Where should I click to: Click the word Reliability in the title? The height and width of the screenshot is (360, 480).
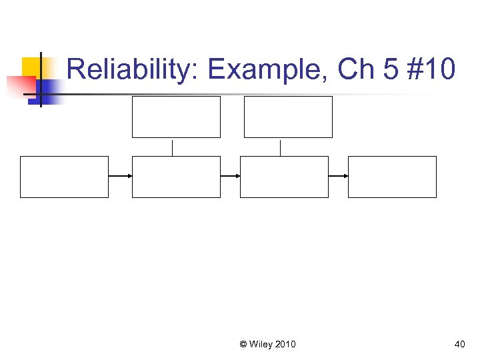point(127,69)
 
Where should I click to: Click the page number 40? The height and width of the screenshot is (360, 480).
point(459,344)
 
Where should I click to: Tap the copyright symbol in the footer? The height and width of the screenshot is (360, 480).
point(243,344)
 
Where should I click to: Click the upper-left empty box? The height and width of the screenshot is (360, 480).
point(176,117)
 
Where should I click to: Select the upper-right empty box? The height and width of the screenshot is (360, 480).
point(288,117)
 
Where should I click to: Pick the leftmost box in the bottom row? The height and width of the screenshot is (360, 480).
point(64,177)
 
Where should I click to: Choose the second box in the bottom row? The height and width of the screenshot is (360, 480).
point(176,177)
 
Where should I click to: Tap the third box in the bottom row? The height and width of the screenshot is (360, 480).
point(284,177)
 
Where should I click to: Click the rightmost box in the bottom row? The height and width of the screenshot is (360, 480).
point(392,177)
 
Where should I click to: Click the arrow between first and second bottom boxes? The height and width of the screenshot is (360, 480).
point(120,176)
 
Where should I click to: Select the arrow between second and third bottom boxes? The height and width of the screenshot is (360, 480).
point(230,176)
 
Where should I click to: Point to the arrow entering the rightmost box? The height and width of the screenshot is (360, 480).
point(338,176)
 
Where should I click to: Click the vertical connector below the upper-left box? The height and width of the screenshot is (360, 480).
point(173,147)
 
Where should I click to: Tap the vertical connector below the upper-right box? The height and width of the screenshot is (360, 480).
point(281,147)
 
